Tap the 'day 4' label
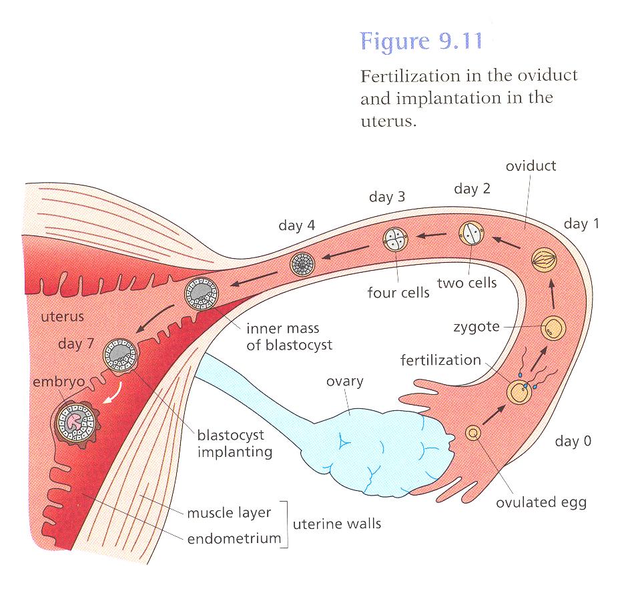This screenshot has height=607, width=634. (296, 225)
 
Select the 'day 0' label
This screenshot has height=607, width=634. (573, 441)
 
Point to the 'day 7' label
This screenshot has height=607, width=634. (79, 344)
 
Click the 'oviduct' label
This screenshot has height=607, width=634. (531, 165)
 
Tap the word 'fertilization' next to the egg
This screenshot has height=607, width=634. (440, 360)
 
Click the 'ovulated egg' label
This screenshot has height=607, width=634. (541, 502)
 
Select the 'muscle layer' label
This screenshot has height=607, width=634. (229, 513)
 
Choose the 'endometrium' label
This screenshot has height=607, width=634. (234, 538)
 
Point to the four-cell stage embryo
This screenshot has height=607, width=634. (395, 240)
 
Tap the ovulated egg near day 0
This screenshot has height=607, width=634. (473, 434)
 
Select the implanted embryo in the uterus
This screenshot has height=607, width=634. (75, 422)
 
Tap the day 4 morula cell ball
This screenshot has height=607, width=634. (302, 265)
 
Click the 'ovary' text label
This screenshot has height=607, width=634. (344, 382)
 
